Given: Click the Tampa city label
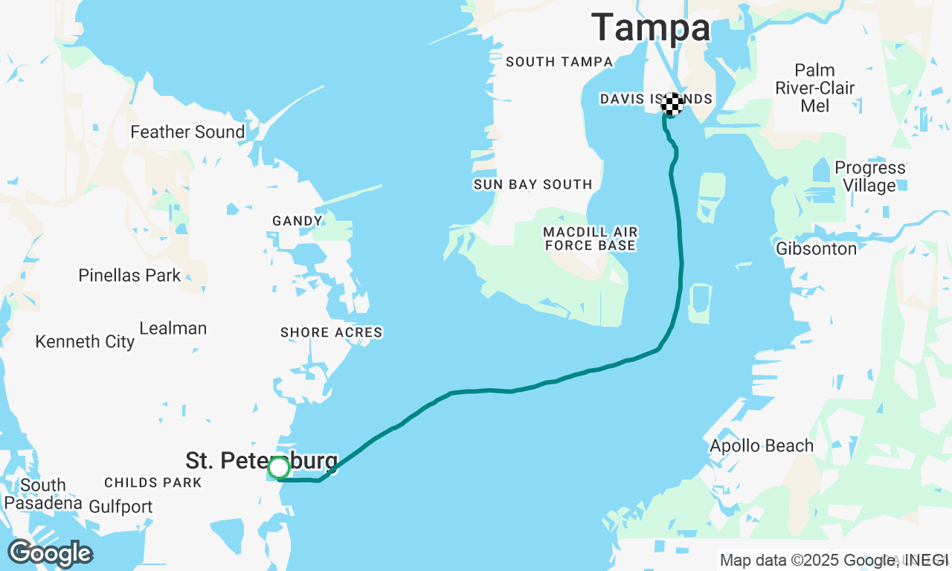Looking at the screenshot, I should pyautogui.click(x=651, y=28).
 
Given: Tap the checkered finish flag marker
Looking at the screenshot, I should pyautogui.click(x=672, y=104).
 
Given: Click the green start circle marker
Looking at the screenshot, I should pyautogui.click(x=279, y=468).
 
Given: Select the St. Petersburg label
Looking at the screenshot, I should pyautogui.click(x=260, y=460).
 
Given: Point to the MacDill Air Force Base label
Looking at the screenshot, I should pyautogui.click(x=590, y=239).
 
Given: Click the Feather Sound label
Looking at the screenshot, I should pyautogui.click(x=187, y=132).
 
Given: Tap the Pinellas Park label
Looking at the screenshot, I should pyautogui.click(x=129, y=276).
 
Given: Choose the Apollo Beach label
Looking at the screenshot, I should pyautogui.click(x=762, y=446).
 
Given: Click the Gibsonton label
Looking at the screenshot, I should pyautogui.click(x=816, y=249).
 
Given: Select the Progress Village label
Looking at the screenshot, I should pyautogui.click(x=869, y=176).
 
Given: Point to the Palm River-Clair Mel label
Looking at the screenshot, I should pyautogui.click(x=815, y=88).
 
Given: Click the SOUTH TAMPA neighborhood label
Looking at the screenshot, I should pyautogui.click(x=559, y=62).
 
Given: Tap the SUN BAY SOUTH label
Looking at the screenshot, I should pyautogui.click(x=533, y=184).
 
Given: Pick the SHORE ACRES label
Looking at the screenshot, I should pyautogui.click(x=331, y=332).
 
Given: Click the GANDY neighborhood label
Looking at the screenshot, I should pyautogui.click(x=297, y=221).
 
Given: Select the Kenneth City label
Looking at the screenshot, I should pyautogui.click(x=85, y=342).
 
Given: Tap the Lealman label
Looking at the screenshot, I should pyautogui.click(x=173, y=329).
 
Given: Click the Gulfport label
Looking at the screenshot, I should pyautogui.click(x=120, y=507).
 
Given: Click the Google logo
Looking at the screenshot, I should pyautogui.click(x=50, y=553).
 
